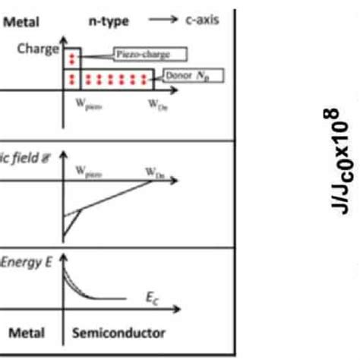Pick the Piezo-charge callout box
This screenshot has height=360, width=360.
point(142,55)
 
